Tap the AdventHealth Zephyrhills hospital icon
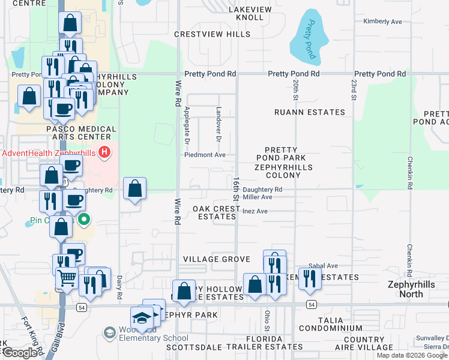tap(105, 152)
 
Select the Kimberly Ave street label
tap(382, 22)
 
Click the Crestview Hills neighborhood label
tap(212, 34)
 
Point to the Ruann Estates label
tap(309, 112)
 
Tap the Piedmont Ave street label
tap(205, 155)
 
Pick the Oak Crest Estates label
tap(216, 212)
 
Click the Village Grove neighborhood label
tap(216, 259)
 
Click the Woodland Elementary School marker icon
tap(109, 332)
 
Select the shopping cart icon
tap(67, 277)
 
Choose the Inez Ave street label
tap(255, 211)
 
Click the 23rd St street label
tap(353, 88)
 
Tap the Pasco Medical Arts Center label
tap(81, 133)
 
